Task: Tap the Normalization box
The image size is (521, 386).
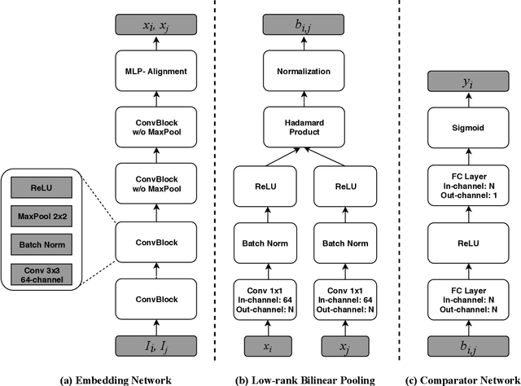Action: (x=302, y=72)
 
